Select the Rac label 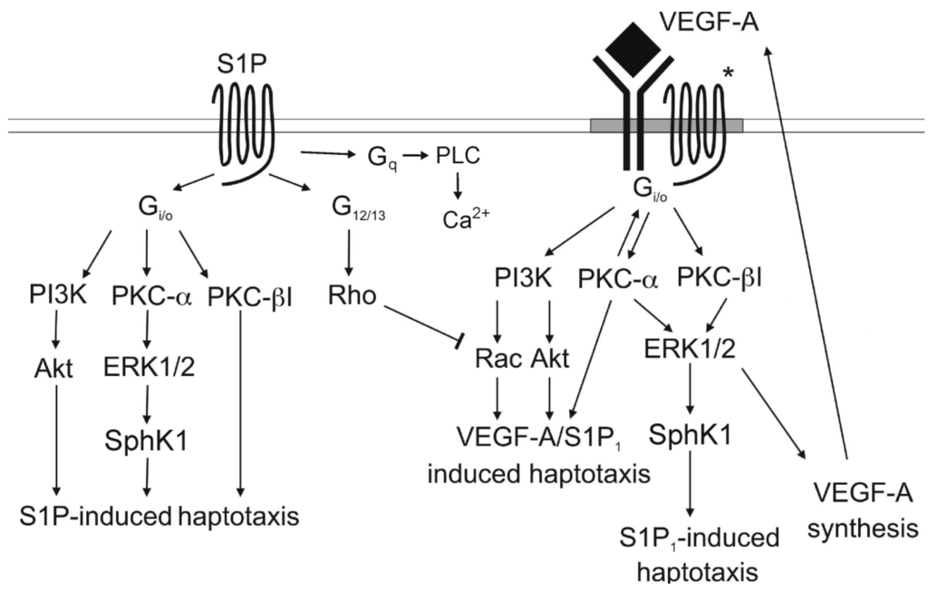point(497,358)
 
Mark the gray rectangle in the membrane point(666,125)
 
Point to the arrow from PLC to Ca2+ point(457,184)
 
